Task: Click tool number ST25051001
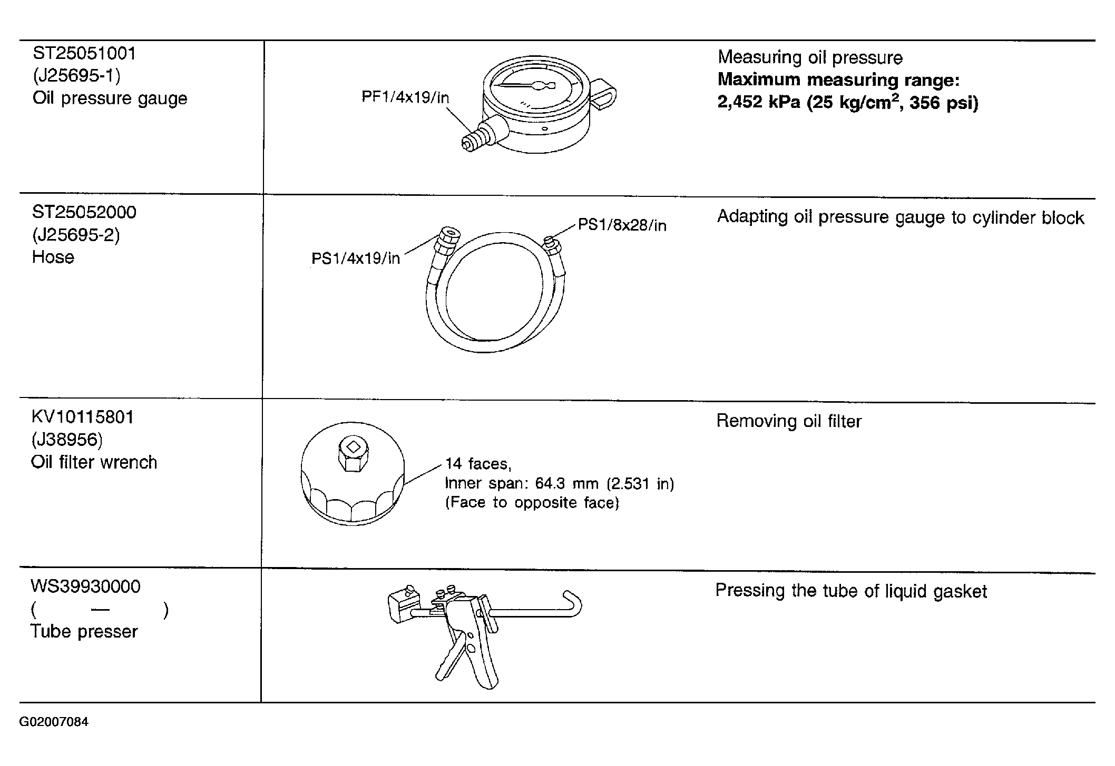84,53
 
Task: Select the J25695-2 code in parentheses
76,235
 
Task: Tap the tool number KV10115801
83,417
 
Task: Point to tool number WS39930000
85,586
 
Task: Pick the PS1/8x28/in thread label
622,225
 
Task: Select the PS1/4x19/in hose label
356,258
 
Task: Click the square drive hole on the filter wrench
354,446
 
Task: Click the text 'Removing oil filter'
789,421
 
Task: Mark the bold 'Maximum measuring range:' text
839,80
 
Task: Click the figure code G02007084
54,722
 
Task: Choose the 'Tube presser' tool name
84,631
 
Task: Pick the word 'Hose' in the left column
53,257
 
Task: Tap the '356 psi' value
940,102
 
